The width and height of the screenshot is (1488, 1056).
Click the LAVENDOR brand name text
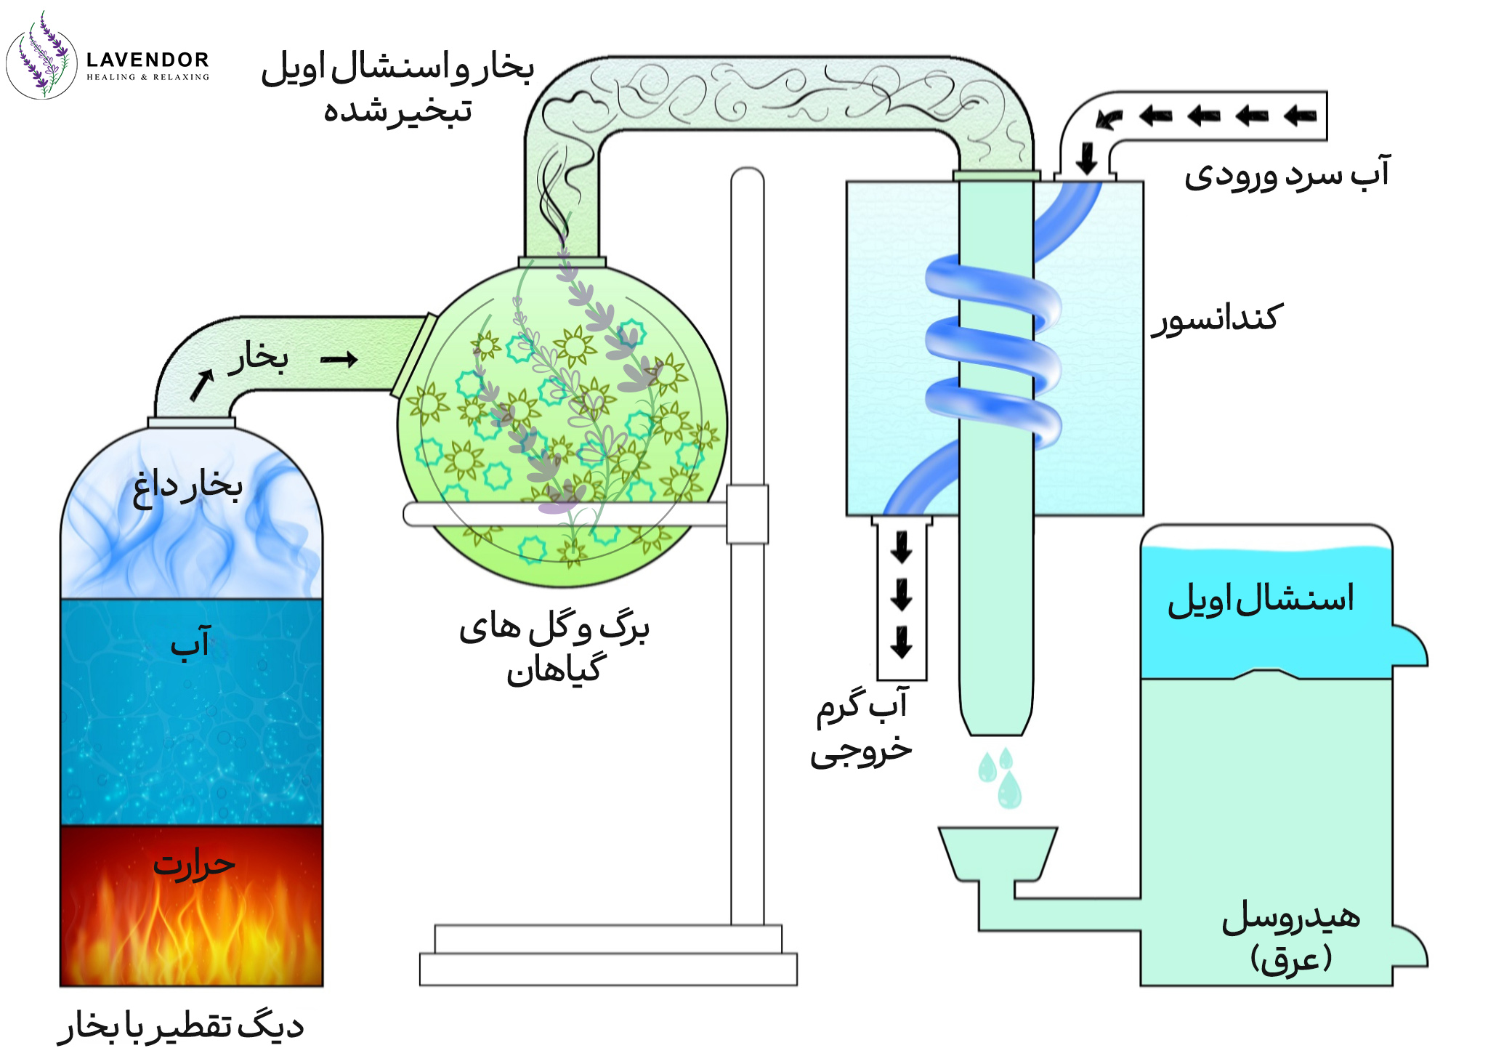click(x=147, y=60)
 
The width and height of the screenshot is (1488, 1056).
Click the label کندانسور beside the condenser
click(x=1218, y=318)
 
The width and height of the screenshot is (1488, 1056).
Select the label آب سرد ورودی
click(x=1287, y=174)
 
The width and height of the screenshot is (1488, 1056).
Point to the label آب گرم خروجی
click(x=862, y=727)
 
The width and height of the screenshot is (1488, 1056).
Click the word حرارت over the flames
click(x=194, y=863)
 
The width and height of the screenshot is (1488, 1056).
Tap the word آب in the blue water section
click(x=190, y=642)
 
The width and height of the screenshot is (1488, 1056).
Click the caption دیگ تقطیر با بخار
click(x=181, y=1025)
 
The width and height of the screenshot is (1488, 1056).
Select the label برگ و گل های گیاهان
click(x=554, y=648)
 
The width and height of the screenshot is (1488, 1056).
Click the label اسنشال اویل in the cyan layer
click(x=1261, y=599)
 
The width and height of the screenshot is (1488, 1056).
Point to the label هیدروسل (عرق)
click(x=1290, y=938)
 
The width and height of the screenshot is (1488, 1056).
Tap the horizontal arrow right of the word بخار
click(x=339, y=359)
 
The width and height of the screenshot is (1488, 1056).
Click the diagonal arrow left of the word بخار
click(x=202, y=384)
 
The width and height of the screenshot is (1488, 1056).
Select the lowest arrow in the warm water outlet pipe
click(x=902, y=642)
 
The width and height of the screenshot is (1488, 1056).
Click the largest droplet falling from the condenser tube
click(x=1009, y=790)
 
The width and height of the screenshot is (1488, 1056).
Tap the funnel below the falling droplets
click(x=997, y=853)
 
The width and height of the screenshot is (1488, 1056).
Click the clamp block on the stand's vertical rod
click(x=747, y=514)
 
